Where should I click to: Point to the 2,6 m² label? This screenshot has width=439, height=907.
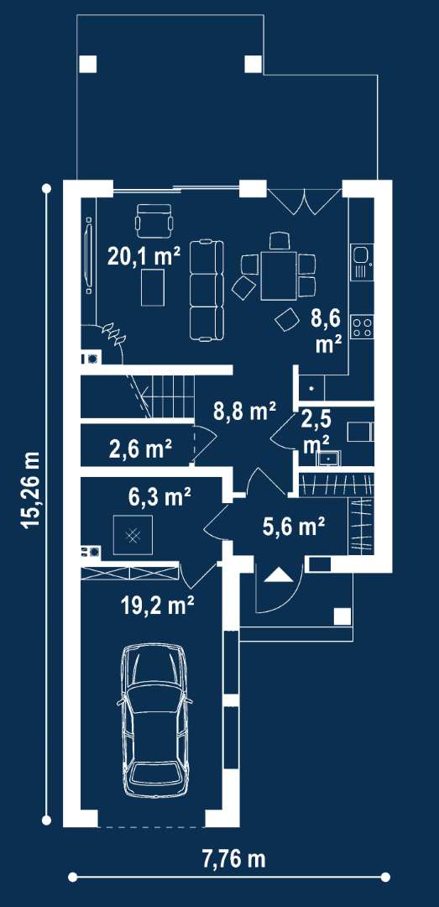[x=140, y=448]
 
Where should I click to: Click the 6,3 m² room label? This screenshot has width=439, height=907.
[x=159, y=497]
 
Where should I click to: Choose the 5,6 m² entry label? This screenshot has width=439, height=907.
[x=293, y=527]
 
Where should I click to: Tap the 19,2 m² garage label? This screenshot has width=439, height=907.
[x=157, y=606]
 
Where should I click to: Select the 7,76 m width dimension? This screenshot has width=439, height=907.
[x=233, y=859]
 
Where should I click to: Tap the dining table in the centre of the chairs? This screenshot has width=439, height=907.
[x=279, y=275]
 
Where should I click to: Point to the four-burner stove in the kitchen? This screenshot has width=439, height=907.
[x=363, y=328]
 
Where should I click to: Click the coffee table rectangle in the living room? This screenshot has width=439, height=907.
[x=154, y=287]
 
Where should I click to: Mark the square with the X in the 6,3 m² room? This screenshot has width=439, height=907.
[x=133, y=536]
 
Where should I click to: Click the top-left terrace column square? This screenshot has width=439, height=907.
[x=87, y=64]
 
